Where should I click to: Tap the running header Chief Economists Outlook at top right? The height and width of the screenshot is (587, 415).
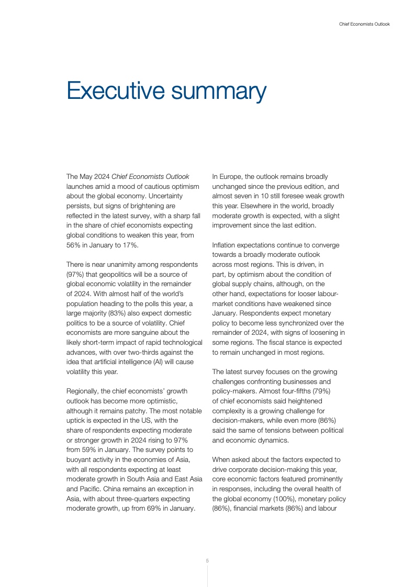point(364,24)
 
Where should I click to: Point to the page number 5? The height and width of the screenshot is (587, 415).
point(207,560)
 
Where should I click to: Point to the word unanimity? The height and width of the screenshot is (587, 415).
point(114,265)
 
